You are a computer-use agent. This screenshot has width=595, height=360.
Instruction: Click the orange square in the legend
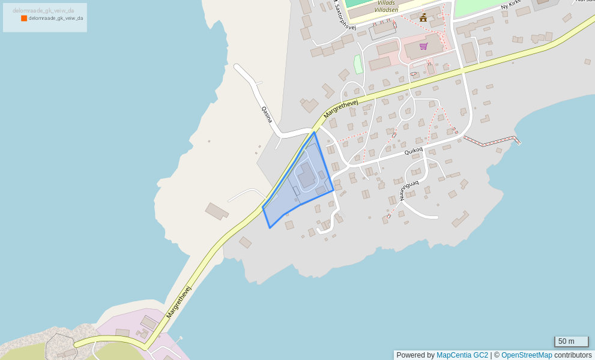[x=24, y=19]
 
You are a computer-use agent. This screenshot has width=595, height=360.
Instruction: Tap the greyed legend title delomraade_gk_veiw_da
[x=43, y=11]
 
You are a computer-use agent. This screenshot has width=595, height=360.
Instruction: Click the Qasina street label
[x=267, y=115]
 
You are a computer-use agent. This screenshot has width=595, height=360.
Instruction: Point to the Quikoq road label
[x=414, y=151]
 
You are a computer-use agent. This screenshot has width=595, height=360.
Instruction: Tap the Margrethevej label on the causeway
[x=178, y=302]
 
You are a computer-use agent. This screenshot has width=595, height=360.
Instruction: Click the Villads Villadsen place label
[x=386, y=6]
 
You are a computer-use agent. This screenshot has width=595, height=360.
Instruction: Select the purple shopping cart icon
[x=423, y=46]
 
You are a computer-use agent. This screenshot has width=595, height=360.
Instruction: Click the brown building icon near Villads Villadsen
[x=423, y=17]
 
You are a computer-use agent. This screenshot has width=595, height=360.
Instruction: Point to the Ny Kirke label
[x=512, y=6]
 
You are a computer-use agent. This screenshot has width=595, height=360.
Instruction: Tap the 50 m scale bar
[x=571, y=341]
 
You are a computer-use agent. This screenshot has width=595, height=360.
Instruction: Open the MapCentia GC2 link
[x=462, y=355]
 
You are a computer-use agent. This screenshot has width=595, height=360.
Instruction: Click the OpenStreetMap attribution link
[x=527, y=355]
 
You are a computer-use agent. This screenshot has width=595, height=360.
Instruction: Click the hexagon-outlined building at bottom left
[x=60, y=347]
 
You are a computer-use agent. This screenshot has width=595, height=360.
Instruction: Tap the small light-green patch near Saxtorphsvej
[x=358, y=64]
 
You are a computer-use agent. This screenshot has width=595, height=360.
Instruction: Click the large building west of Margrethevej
[x=217, y=211]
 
